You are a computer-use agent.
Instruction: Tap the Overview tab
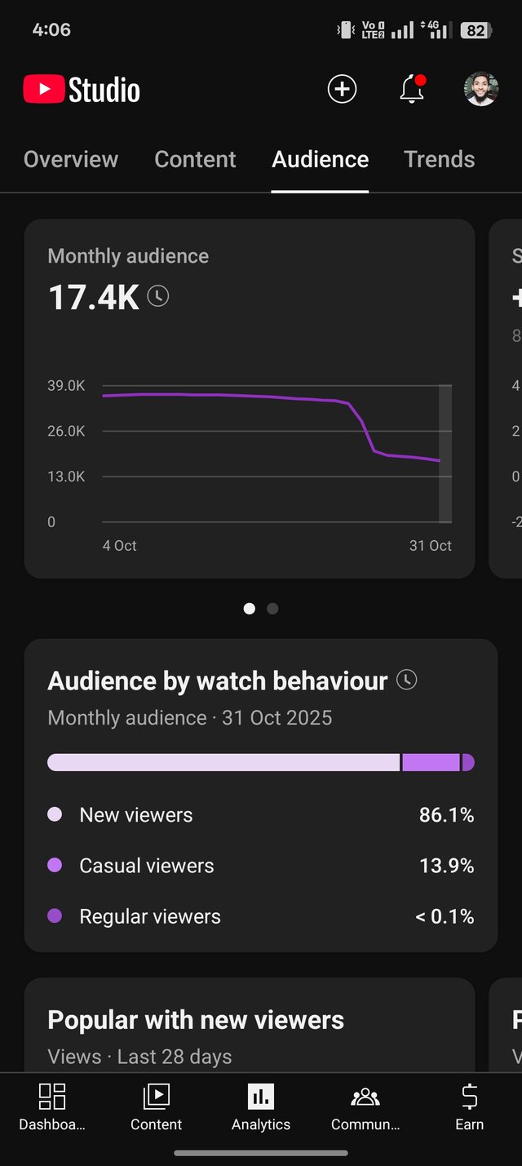click(x=71, y=159)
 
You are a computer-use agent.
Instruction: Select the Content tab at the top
click(x=195, y=159)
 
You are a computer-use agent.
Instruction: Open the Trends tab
click(x=439, y=159)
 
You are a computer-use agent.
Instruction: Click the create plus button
click(x=342, y=89)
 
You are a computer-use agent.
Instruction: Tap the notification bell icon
click(x=412, y=90)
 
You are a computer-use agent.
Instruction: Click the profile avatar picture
click(x=481, y=89)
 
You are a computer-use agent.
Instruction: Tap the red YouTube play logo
click(x=44, y=90)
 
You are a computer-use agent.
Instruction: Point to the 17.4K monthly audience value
click(x=94, y=297)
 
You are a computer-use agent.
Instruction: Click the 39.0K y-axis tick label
click(x=66, y=386)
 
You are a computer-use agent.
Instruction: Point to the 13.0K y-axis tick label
click(x=66, y=477)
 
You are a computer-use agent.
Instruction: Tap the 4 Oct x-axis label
click(x=120, y=546)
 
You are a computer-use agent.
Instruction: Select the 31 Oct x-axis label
click(x=430, y=546)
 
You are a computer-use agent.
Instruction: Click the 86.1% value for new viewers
click(x=446, y=815)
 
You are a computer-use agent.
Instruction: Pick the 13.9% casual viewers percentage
click(x=446, y=866)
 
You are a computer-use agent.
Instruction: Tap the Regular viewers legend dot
click(x=55, y=916)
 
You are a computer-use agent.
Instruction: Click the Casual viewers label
click(x=147, y=866)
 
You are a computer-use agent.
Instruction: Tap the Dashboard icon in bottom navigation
click(x=52, y=1097)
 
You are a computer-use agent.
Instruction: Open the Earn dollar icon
click(x=469, y=1097)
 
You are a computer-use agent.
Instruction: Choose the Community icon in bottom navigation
click(x=365, y=1097)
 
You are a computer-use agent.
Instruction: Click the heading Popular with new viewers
click(x=196, y=1020)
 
